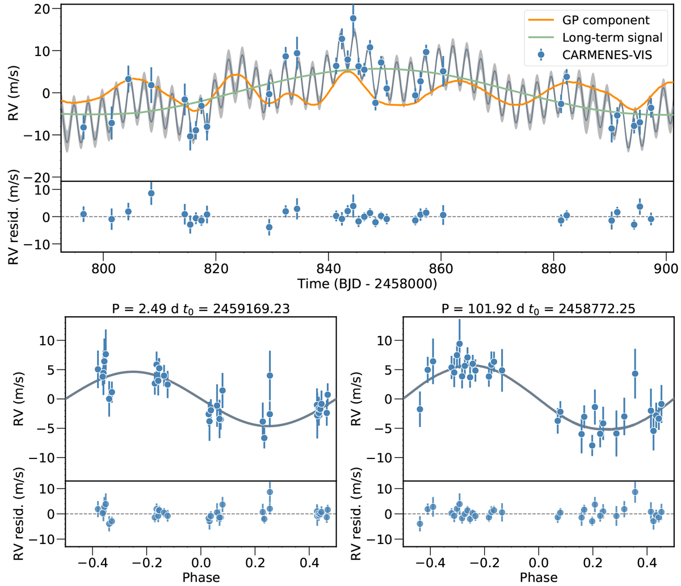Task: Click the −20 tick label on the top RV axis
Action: pyautogui.click(x=41, y=177)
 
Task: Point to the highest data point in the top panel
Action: pyautogui.click(x=353, y=18)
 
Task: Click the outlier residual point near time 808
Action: pyautogui.click(x=151, y=193)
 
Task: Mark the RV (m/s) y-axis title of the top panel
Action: pyautogui.click(x=12, y=93)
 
